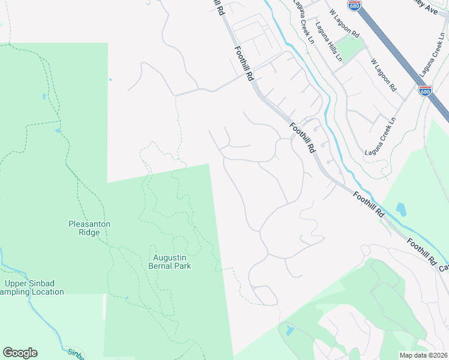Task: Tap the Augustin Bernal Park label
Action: (169, 262)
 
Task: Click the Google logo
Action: (20, 353)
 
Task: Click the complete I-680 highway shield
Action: (425, 91)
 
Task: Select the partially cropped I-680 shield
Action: (355, 5)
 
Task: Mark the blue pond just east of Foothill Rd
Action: (401, 210)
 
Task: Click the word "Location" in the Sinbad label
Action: (44, 292)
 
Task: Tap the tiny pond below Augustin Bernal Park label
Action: (127, 298)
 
